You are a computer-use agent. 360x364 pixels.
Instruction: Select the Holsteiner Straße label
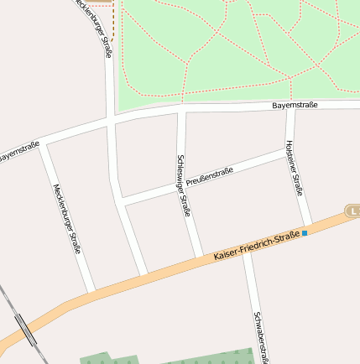coord(294,168)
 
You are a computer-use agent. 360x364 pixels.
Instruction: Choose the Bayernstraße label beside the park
coord(295,106)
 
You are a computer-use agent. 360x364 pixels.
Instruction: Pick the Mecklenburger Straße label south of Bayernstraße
coord(66,219)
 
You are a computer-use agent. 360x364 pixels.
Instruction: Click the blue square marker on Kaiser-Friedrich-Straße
coord(305,232)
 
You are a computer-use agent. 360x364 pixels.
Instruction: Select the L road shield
coord(352,210)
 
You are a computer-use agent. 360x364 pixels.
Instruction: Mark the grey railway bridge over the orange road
coord(26,330)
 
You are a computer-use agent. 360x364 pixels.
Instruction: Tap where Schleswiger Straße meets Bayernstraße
coord(180,111)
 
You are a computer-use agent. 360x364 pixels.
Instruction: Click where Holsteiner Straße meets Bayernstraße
coord(290,106)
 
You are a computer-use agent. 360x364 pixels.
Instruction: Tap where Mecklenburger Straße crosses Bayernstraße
coord(111,122)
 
